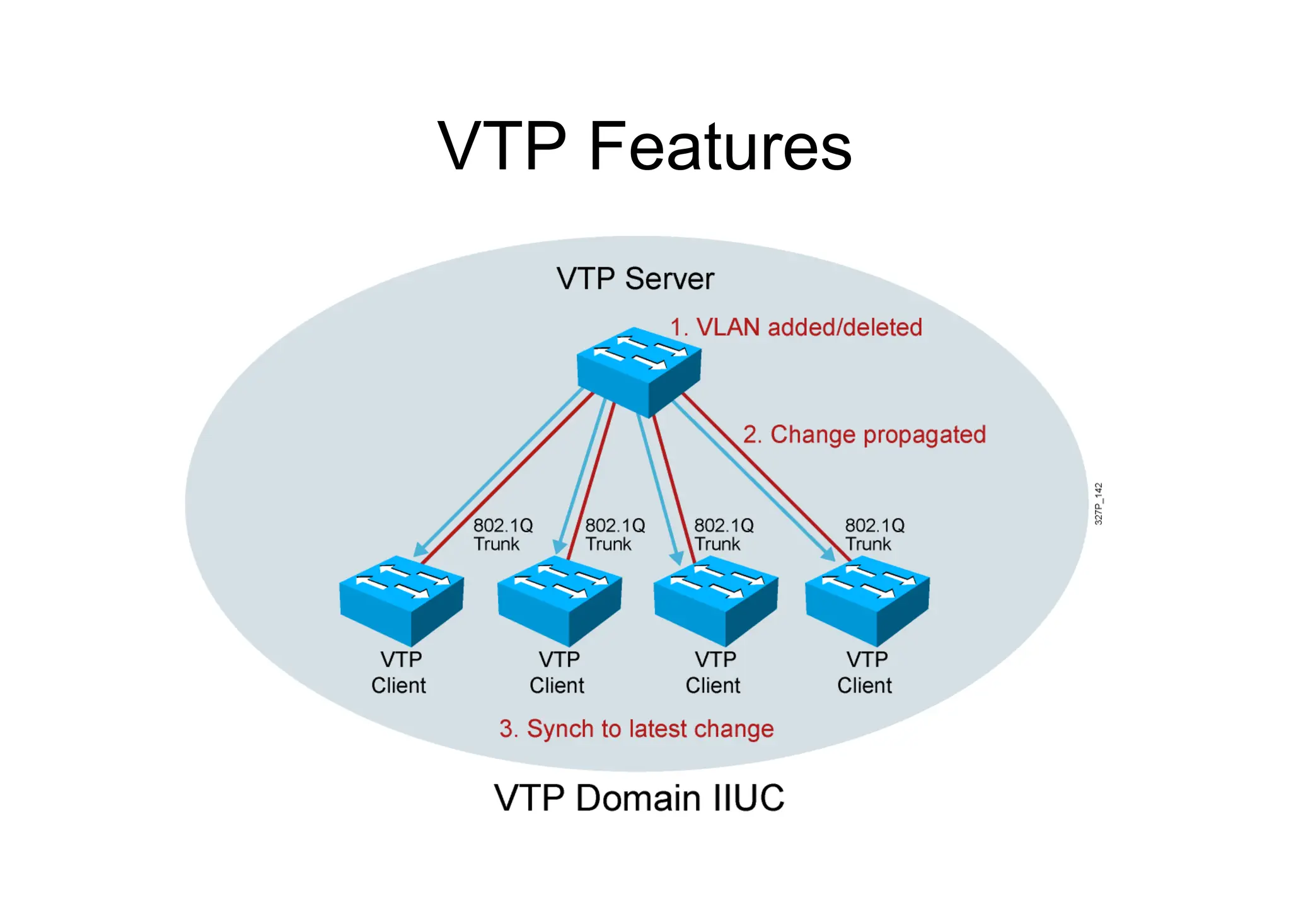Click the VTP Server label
pyautogui.click(x=635, y=279)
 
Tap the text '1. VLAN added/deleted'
pyautogui.click(x=796, y=328)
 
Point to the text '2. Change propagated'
pyautogui.click(x=864, y=435)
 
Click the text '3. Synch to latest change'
pyautogui.click(x=636, y=729)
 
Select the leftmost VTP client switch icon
pyautogui.click(x=402, y=599)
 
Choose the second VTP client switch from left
pyautogui.click(x=559, y=599)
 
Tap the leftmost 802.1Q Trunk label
pyautogui.click(x=502, y=534)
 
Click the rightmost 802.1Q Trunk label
pyautogui.click(x=874, y=534)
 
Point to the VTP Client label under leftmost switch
pyautogui.click(x=399, y=672)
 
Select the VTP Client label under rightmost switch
pyautogui.click(x=865, y=672)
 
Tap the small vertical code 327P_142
pyautogui.click(x=1098, y=504)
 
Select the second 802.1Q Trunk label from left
pyautogui.click(x=614, y=534)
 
